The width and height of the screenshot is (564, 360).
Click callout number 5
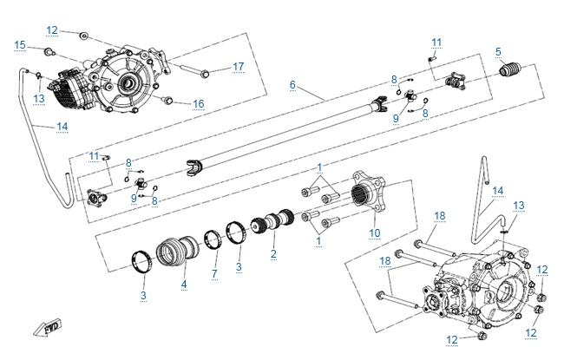[499, 51]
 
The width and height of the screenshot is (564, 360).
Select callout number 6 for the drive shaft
[293, 85]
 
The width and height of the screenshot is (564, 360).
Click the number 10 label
[375, 232]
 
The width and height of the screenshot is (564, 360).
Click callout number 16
[199, 104]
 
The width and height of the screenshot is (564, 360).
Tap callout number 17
[239, 66]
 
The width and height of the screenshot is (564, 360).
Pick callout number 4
[184, 284]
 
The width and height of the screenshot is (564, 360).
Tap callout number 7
[214, 274]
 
